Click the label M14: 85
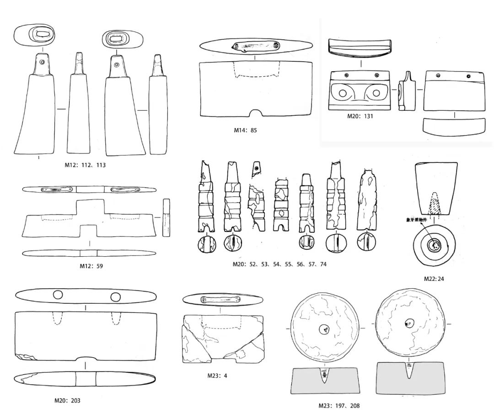[245, 130]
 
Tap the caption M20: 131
[360, 116]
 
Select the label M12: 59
[90, 266]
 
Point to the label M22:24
[434, 278]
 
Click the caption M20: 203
[67, 401]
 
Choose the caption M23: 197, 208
[340, 405]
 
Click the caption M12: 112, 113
[85, 165]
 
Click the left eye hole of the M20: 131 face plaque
[341, 93]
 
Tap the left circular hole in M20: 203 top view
[58, 295]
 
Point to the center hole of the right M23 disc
[408, 324]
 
